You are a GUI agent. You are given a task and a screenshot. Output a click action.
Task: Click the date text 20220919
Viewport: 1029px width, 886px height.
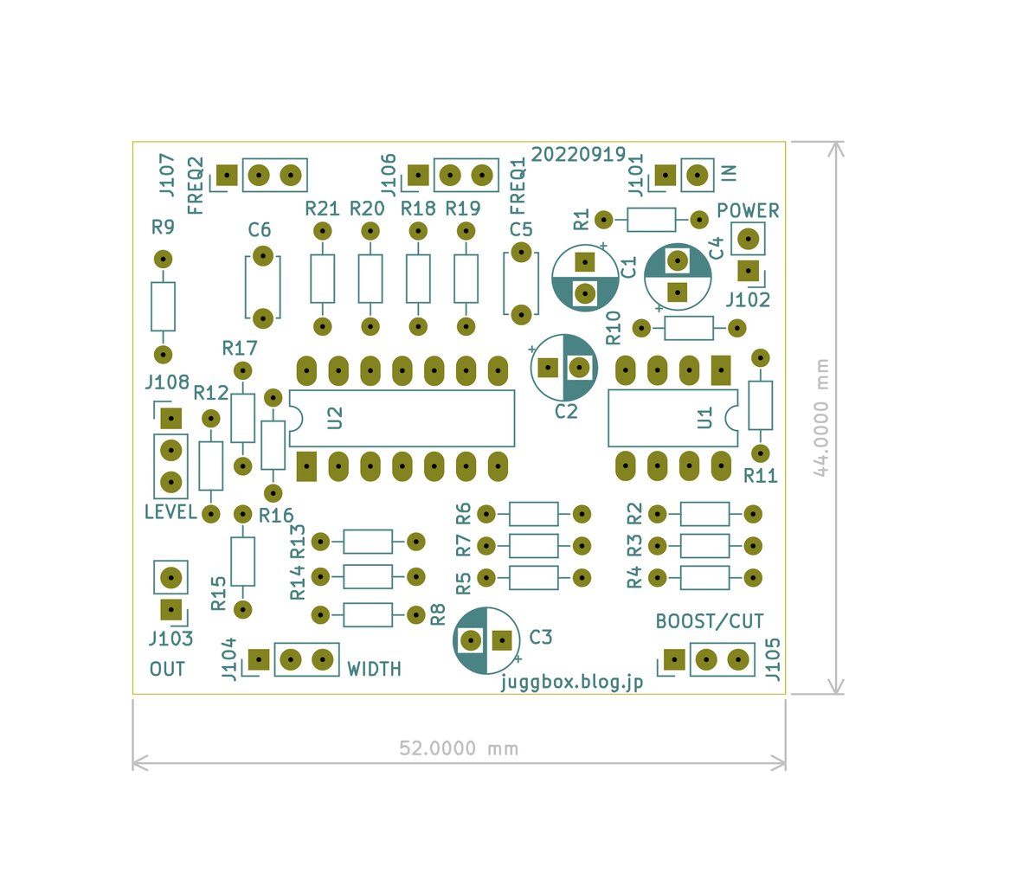pos(578,154)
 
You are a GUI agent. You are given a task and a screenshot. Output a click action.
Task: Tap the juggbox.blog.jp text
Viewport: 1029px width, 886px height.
pos(571,683)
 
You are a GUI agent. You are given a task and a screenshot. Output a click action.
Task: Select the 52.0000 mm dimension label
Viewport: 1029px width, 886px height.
pos(459,748)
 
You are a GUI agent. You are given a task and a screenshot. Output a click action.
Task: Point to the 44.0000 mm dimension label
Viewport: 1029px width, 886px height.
pos(821,417)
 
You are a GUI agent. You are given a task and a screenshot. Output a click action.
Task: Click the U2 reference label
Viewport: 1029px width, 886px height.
pos(335,418)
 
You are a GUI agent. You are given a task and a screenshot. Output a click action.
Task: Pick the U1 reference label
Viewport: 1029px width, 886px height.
pos(704,418)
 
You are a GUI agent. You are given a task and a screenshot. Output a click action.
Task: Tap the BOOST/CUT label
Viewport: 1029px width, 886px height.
pos(710,621)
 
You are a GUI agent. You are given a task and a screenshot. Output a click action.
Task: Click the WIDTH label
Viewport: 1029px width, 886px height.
pos(374,669)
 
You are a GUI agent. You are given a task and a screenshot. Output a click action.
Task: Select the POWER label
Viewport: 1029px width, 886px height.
pos(748,210)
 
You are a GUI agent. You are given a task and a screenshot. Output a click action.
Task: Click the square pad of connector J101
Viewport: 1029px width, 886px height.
pos(665,176)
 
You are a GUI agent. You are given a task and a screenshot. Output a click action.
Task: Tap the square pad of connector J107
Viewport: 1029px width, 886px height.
pos(227,176)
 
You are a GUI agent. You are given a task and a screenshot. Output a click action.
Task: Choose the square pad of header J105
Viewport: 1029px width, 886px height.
pos(674,659)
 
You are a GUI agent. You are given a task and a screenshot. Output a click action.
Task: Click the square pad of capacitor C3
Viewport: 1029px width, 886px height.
pos(502,640)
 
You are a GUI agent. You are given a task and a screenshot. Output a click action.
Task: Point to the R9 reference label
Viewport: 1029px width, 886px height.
pos(163,227)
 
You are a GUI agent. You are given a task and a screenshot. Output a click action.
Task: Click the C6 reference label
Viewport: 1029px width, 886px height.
pos(260,229)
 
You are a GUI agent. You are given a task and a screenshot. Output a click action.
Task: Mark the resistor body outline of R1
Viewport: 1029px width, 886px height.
pos(651,220)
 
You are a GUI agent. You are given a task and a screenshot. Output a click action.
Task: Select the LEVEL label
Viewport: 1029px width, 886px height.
pos(170,512)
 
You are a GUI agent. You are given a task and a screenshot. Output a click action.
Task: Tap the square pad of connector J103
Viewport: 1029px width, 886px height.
pos(171,610)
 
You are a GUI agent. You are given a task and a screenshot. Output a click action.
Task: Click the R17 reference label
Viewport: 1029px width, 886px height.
pos(240,348)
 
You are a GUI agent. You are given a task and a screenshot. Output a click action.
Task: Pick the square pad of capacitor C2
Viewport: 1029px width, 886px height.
pos(547,368)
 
